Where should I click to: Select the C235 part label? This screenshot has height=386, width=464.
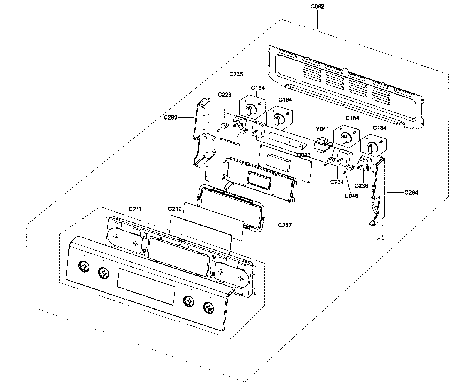[236, 74]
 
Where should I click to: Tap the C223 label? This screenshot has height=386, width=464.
[224, 95]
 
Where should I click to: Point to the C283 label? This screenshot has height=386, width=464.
[170, 118]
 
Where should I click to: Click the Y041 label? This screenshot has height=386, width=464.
[322, 129]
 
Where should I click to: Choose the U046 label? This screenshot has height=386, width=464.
[351, 196]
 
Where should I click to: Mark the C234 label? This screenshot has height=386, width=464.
[337, 182]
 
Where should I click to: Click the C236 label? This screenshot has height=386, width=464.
[361, 186]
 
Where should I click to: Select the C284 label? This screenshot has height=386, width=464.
[411, 192]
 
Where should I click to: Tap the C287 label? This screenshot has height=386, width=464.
[285, 225]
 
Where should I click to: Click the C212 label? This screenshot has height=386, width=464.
[175, 209]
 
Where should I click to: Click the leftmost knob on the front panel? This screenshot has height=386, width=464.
[83, 266]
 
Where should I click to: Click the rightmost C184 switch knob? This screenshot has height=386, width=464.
[371, 147]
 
